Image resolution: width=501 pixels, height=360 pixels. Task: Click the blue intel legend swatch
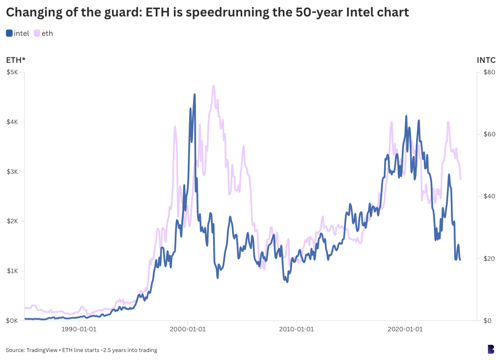[x=9, y=33]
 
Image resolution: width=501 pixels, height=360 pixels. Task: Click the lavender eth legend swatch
[x=37, y=33]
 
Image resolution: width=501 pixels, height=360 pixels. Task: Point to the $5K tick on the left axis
[x=12, y=72]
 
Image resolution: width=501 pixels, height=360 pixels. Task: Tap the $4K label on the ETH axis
[x=12, y=122]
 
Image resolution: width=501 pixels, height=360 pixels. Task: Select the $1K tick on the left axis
[x=12, y=271]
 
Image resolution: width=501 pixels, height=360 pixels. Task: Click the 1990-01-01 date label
[x=79, y=329]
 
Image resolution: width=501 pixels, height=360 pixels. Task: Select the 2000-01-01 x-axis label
[x=188, y=329]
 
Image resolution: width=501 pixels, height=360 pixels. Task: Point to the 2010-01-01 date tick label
[x=296, y=329]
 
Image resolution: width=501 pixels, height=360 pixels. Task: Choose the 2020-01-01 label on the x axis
[x=405, y=329]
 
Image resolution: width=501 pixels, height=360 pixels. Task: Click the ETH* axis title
[x=16, y=60]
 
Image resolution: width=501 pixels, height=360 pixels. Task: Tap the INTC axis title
[x=486, y=60]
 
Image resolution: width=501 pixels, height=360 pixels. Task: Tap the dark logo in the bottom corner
[x=490, y=349]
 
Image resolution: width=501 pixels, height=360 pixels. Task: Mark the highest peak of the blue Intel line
[x=195, y=95]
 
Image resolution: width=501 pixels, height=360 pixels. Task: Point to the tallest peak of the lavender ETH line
[x=214, y=86]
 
